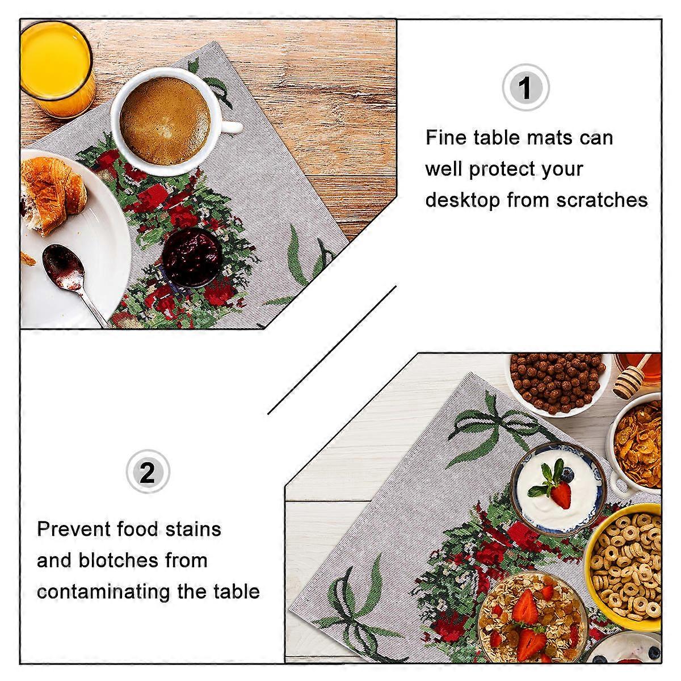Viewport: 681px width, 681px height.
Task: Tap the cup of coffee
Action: click(166, 121)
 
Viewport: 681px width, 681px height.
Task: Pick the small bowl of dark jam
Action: click(192, 257)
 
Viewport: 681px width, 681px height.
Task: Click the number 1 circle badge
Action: click(526, 87)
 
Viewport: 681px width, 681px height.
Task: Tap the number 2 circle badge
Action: click(148, 472)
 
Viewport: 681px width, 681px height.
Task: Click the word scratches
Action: click(602, 200)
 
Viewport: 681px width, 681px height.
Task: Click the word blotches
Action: click(119, 561)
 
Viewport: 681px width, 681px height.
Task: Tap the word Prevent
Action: click(74, 529)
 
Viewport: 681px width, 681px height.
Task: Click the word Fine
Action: click(446, 137)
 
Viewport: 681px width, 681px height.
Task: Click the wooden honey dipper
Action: click(634, 378)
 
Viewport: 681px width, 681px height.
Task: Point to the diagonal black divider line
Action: click(331, 350)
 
